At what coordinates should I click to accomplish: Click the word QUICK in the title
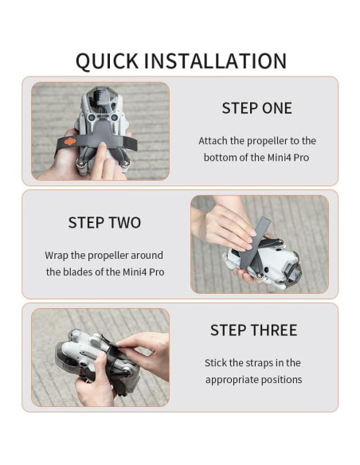(107, 61)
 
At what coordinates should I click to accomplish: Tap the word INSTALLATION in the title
(215, 61)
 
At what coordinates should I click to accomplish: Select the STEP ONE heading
(256, 108)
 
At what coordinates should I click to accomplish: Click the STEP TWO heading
(104, 222)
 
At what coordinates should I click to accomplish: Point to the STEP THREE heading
(253, 330)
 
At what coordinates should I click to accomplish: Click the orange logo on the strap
(70, 142)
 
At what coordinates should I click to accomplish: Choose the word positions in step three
(282, 380)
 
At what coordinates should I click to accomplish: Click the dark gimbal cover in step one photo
(100, 100)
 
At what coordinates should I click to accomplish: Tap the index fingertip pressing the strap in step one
(103, 146)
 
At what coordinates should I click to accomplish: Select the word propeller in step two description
(108, 256)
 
